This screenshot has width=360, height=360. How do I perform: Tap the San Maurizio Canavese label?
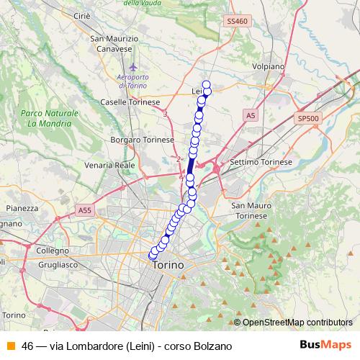tap(113, 43)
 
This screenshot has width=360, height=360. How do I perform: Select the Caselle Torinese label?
tap(130, 102)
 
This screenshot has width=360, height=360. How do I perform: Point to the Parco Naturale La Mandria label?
tap(50, 119)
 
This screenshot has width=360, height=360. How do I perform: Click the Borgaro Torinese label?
tap(143, 139)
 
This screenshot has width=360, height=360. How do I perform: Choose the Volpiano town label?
tap(269, 66)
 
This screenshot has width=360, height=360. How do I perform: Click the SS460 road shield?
tap(237, 22)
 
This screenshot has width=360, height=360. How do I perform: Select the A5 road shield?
tap(250, 115)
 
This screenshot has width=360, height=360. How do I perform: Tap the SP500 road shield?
tap(307, 118)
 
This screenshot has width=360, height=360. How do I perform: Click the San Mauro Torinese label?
tap(250, 211)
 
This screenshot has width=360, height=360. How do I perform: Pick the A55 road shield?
tap(85, 210)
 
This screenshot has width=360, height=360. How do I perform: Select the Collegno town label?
tap(51, 250)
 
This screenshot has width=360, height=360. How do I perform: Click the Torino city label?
tap(168, 266)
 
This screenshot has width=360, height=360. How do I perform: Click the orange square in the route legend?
tap(11, 346)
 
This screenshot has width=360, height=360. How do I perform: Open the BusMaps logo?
tap(325, 345)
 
